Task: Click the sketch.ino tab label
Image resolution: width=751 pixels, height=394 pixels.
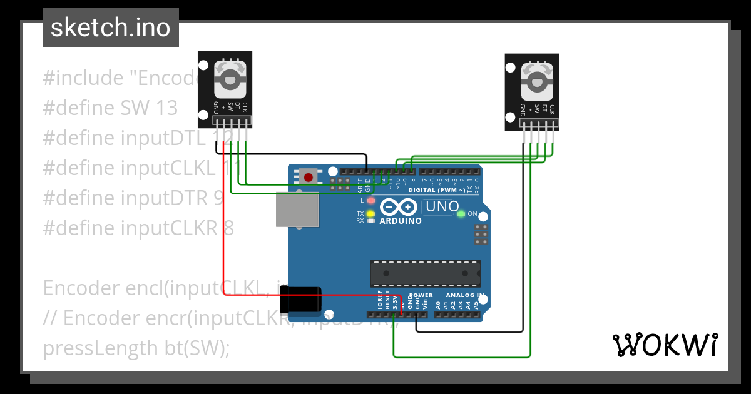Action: (111, 28)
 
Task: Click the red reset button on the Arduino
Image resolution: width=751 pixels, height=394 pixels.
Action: (308, 177)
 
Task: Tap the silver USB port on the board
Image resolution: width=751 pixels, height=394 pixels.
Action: (297, 209)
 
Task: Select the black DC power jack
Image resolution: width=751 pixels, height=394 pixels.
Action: (301, 300)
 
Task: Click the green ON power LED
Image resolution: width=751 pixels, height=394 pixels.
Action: (461, 214)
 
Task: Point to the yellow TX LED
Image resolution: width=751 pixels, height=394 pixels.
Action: (370, 214)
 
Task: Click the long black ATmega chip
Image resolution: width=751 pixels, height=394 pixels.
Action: (425, 273)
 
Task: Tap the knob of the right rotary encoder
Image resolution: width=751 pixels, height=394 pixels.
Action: (536, 81)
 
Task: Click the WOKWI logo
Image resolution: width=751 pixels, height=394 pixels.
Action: (665, 345)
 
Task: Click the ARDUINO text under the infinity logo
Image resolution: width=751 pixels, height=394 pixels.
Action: (401, 221)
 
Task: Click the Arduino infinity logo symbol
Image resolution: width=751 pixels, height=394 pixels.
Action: (398, 207)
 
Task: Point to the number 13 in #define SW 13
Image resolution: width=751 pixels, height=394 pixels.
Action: (166, 108)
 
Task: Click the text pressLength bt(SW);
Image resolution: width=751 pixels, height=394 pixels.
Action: (136, 348)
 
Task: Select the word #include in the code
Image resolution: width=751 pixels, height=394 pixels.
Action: (83, 78)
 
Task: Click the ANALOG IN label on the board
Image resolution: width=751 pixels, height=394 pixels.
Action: (465, 295)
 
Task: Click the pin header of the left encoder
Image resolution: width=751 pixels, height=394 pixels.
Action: (231, 121)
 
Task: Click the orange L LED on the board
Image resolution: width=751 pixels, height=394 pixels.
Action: (370, 201)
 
